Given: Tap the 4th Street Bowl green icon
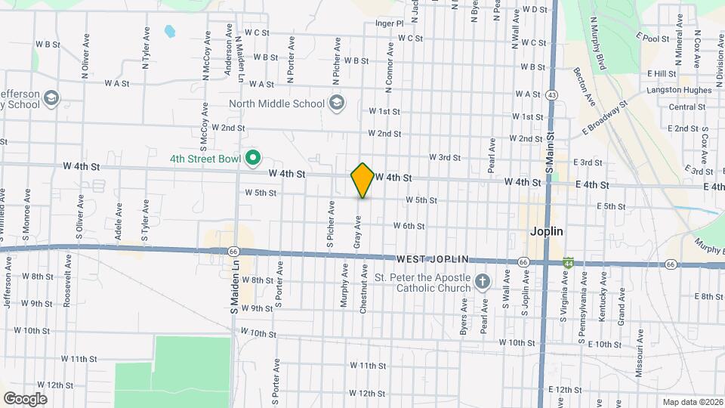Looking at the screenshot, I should (x=255, y=159).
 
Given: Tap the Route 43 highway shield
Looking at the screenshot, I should (x=552, y=95).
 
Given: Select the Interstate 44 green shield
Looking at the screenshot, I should (x=568, y=262).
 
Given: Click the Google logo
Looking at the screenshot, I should (x=25, y=398).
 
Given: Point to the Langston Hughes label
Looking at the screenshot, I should (x=679, y=90).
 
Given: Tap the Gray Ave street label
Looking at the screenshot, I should (x=358, y=232).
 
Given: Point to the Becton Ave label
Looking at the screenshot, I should (x=584, y=85).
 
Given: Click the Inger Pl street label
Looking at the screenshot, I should (x=390, y=23).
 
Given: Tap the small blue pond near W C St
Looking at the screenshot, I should (x=169, y=32).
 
